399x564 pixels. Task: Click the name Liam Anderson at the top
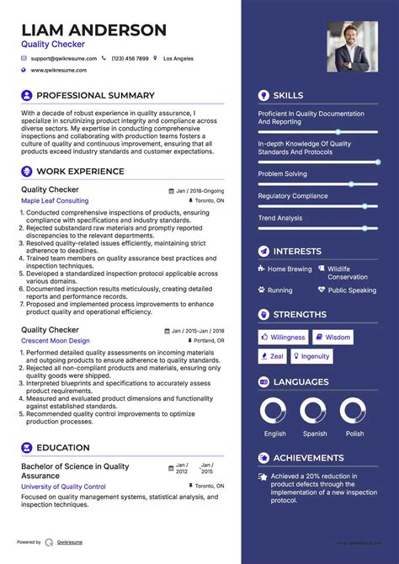(x=93, y=30)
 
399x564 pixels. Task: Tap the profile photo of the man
(x=353, y=46)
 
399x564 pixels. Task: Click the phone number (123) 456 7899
(x=130, y=59)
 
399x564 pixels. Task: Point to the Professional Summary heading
(x=95, y=96)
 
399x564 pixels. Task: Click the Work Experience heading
(x=80, y=171)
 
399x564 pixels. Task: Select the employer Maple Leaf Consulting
(x=55, y=201)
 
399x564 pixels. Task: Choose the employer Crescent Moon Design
(x=56, y=341)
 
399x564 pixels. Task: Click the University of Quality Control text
(x=63, y=487)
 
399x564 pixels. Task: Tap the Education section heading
(x=63, y=448)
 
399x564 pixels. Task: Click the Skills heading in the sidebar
(x=288, y=96)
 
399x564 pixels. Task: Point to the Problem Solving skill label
(x=283, y=174)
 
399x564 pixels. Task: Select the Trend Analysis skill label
(x=279, y=218)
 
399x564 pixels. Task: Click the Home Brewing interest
(x=290, y=269)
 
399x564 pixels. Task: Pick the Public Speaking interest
(x=352, y=290)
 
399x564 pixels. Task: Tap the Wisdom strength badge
(x=333, y=337)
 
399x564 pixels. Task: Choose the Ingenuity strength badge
(x=311, y=356)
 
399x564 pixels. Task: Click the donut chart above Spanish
(x=315, y=411)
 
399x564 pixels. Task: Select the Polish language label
(x=355, y=434)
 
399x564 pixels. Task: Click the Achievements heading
(x=308, y=458)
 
